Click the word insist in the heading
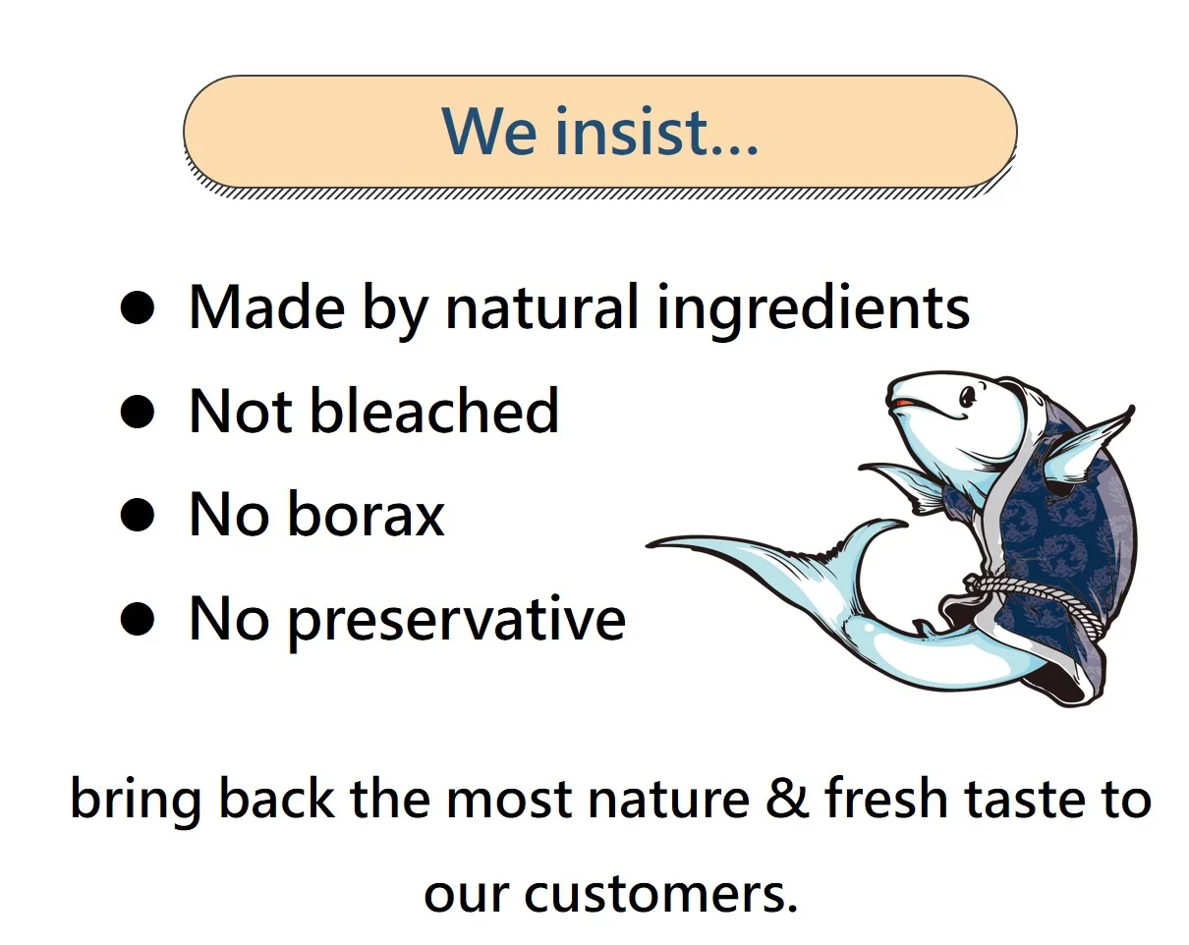632,131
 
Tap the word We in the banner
489,132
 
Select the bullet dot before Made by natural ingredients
137,307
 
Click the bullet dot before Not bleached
137,411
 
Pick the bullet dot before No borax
137,514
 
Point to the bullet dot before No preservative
137,618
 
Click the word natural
542,306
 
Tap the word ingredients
814,310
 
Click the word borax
367,514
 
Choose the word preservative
458,622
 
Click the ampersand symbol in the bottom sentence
787,799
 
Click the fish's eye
968,396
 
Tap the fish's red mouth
902,403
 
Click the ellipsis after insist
734,148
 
